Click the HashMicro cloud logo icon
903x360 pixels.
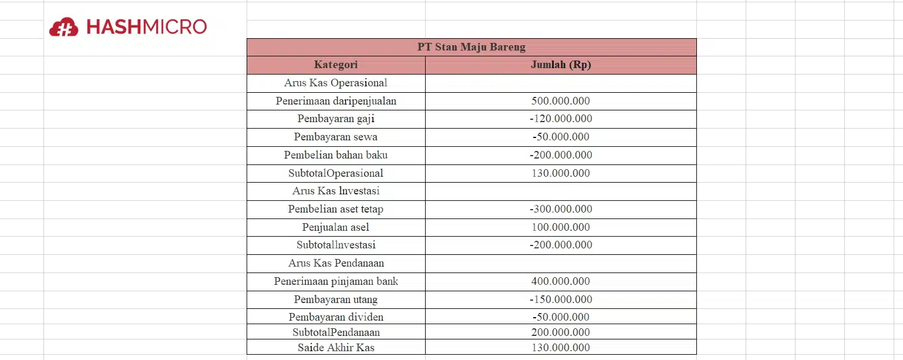click(63, 27)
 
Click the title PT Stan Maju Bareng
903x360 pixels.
click(471, 47)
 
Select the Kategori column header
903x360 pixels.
click(336, 65)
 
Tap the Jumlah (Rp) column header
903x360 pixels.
click(560, 65)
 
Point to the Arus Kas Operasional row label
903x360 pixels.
click(336, 83)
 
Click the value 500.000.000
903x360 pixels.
click(560, 101)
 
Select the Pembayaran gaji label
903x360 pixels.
click(336, 119)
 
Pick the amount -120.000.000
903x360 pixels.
click(560, 119)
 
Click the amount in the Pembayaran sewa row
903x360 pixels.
click(560, 137)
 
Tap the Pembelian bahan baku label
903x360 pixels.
click(336, 155)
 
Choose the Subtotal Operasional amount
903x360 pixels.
click(560, 173)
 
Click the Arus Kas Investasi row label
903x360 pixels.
click(336, 191)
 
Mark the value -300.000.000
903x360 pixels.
click(560, 209)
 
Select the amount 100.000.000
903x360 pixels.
click(560, 227)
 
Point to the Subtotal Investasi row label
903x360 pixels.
click(336, 245)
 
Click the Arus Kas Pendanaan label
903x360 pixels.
click(336, 263)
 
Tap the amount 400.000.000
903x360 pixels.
click(560, 281)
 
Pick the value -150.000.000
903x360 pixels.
click(560, 300)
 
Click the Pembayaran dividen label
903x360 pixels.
click(336, 317)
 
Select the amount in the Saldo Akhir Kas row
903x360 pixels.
click(560, 348)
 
